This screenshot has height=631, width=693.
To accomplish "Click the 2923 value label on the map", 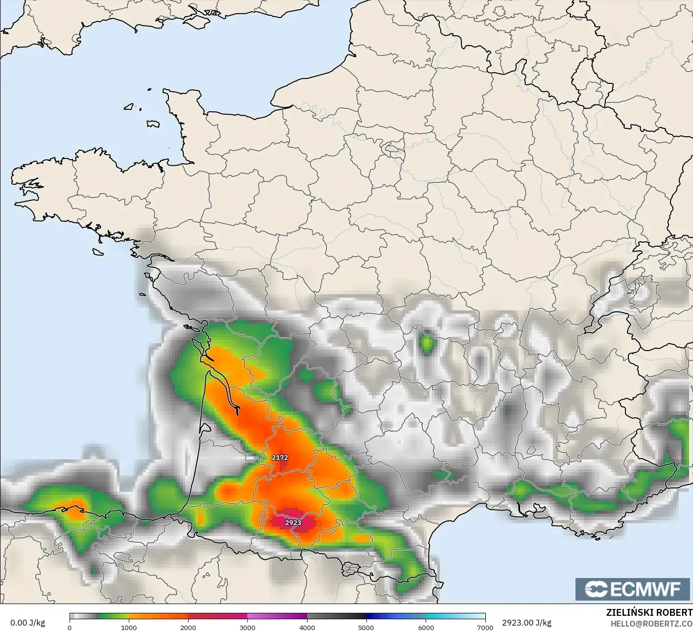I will coord(293,523).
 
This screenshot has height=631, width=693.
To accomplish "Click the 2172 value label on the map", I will coord(280,457).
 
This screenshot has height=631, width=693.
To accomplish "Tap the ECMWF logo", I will coord(632,589).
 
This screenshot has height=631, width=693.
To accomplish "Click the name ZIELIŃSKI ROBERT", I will coord(649,613).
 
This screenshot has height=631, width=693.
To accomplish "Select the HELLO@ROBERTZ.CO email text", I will coord(651,623).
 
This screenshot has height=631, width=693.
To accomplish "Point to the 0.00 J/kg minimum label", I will coord(27,623).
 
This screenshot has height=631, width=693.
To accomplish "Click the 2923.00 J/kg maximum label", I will coord(526,623).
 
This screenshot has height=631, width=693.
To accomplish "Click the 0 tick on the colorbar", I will coord(70,627).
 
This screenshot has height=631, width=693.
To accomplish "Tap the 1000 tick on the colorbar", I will coord(129,627).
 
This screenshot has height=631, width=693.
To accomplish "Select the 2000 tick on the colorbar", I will coord(188,627).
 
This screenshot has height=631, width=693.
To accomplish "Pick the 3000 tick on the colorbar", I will coord(247,627).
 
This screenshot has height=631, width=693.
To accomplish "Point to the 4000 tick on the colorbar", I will coord(307,627).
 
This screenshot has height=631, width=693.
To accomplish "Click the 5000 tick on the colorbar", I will coord(366,627).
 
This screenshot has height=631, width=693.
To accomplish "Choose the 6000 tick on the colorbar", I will coord(426,627).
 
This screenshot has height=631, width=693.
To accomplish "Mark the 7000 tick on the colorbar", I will coord(485,627).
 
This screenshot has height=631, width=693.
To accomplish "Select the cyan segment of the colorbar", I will coord(441,616).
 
